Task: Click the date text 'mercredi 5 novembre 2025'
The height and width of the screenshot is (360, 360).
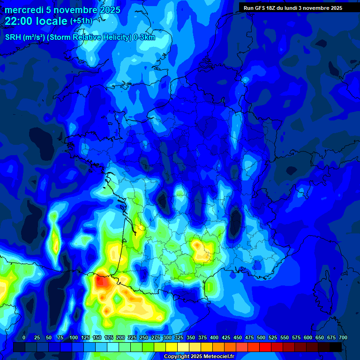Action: coord(62,10)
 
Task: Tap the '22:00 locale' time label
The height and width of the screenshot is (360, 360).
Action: coord(37,21)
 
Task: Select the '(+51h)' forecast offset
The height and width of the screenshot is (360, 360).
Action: coord(81,21)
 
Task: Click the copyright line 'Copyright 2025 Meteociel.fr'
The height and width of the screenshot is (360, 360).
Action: coord(199,357)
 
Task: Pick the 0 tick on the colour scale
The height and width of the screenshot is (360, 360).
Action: coord(24,337)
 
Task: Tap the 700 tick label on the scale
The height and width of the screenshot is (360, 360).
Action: coord(343,337)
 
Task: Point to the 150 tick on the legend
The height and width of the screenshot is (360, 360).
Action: coord(97,337)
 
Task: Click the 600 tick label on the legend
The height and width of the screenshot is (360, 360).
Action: coord(308,337)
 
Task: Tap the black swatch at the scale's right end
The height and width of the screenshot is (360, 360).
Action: coord(336,347)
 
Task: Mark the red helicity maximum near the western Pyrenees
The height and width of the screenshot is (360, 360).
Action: coord(100,281)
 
